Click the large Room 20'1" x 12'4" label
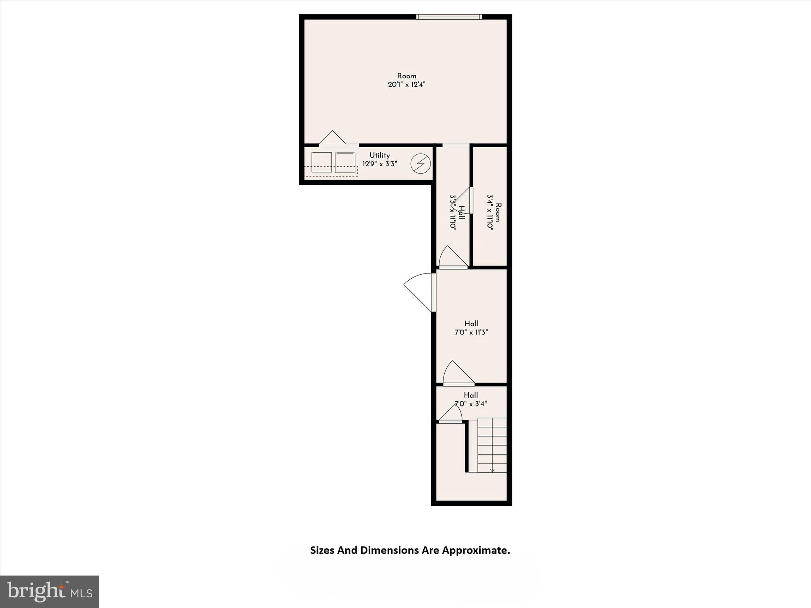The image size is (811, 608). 407,80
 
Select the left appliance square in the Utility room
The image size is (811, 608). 321,162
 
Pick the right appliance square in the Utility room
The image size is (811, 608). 345,162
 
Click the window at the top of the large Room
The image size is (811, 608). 449,17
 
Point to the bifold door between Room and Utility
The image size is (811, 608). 333,139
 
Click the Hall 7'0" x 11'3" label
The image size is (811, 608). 471,328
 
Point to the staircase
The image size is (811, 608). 492,445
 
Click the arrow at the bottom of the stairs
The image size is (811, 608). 492,470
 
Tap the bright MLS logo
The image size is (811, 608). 49,592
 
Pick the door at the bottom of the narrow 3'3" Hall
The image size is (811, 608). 453,258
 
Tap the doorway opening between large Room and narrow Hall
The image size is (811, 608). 455,145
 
